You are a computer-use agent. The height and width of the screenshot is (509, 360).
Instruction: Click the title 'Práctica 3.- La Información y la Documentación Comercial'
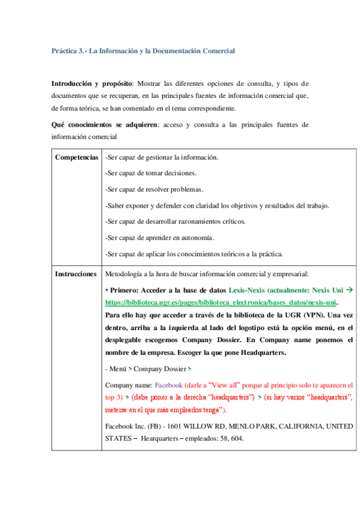click(143, 51)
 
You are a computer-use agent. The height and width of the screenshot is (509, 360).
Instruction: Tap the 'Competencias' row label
click(77, 158)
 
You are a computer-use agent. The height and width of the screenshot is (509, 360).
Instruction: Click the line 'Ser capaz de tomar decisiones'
click(150, 173)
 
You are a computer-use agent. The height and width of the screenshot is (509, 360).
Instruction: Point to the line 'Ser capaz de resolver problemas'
click(154, 190)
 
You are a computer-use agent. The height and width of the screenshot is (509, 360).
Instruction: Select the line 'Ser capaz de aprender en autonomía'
click(159, 238)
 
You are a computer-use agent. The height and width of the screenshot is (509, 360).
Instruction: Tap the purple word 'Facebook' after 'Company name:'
click(169, 384)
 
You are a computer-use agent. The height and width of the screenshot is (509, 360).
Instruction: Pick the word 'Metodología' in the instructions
click(123, 274)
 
